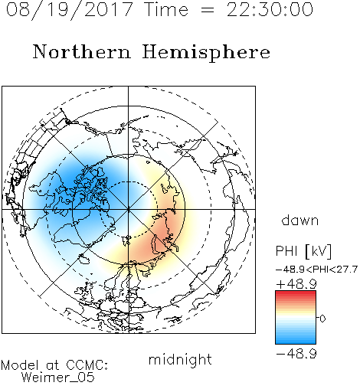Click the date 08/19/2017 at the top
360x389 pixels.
[x=69, y=10]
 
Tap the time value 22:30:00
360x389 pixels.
[x=270, y=9]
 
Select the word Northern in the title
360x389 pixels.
[x=82, y=51]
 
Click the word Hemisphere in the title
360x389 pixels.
[x=206, y=53]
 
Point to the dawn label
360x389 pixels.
[x=300, y=221]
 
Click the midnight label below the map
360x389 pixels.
[x=180, y=359]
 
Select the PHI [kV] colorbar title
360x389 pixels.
[x=303, y=251]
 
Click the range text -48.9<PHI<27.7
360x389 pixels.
[x=316, y=270]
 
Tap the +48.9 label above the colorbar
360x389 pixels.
[x=296, y=284]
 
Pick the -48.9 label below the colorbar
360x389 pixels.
[x=296, y=354]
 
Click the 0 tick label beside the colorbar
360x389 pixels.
[x=322, y=319]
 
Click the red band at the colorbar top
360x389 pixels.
[x=296, y=294]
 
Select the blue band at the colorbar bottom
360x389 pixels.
[x=296, y=340]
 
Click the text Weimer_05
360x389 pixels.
[x=58, y=378]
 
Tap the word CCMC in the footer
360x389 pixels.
[x=87, y=365]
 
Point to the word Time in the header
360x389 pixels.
[x=166, y=9]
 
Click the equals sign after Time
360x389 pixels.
[x=208, y=11]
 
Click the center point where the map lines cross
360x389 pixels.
[x=128, y=209]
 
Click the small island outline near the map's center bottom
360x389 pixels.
[x=127, y=240]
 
